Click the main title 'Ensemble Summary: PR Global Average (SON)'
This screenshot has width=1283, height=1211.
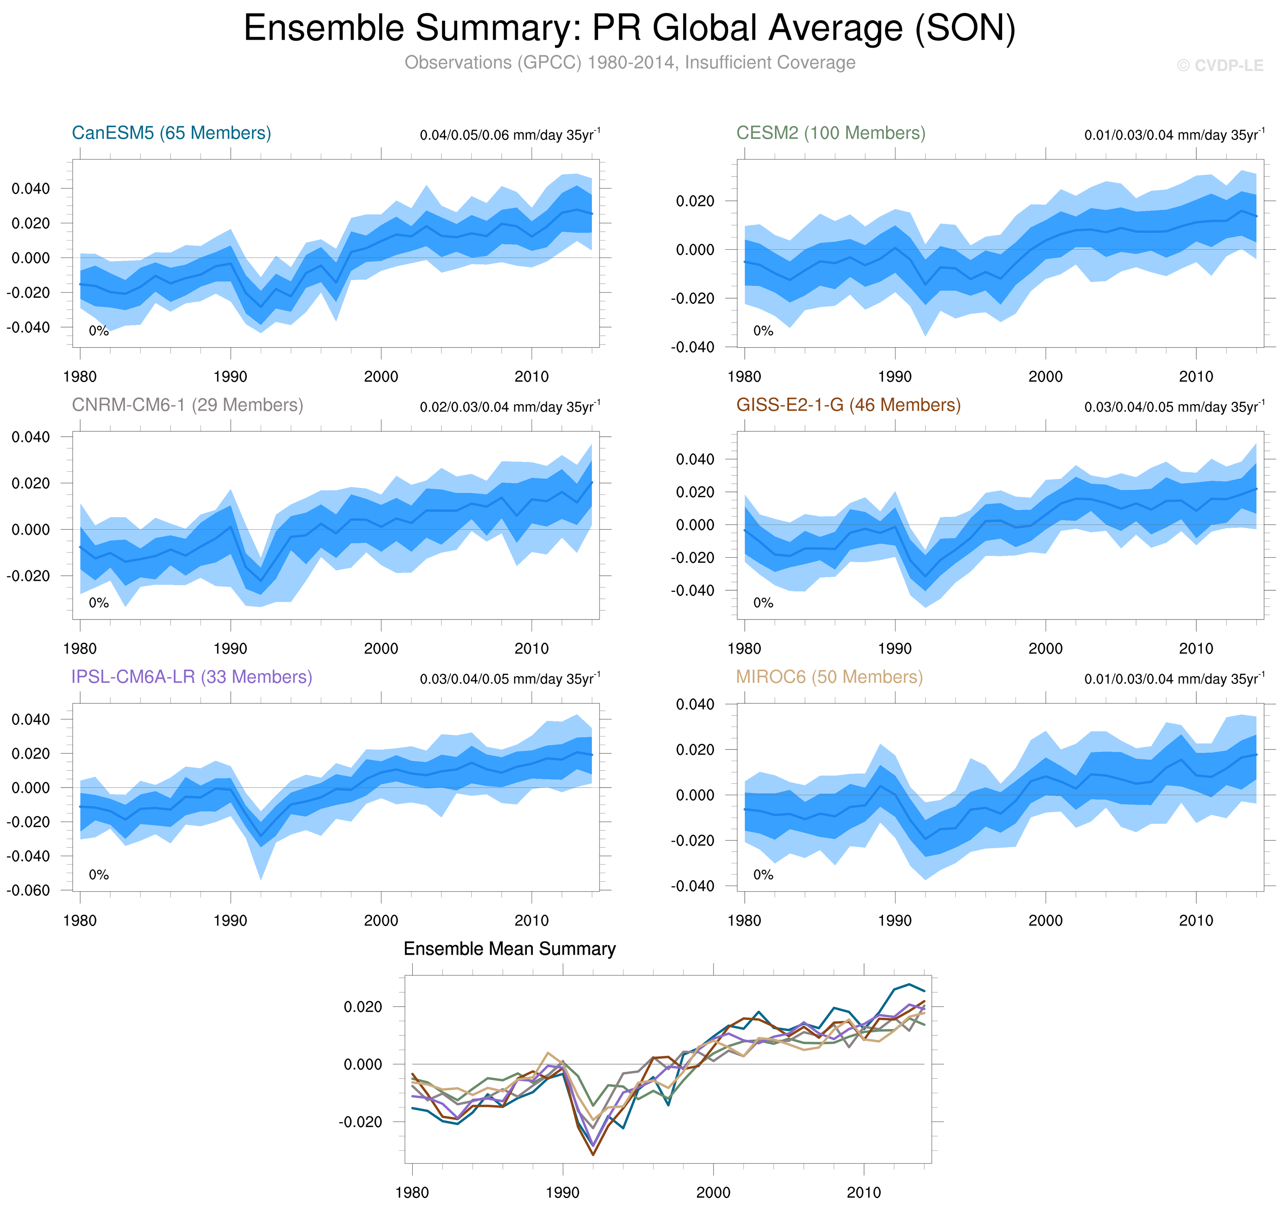tap(629, 28)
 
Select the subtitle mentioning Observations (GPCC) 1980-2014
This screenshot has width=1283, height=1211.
tap(629, 63)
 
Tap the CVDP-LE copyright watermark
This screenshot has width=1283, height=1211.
tap(1219, 66)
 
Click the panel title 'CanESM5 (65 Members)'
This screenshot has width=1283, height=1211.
tap(171, 133)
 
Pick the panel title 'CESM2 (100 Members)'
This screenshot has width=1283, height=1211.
tap(831, 133)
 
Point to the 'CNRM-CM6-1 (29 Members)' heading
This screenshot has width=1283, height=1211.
tap(187, 405)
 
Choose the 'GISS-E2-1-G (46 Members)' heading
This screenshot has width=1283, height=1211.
tap(848, 405)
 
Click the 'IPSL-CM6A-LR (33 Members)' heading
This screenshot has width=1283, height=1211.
tap(192, 677)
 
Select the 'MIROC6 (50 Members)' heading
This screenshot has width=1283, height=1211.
tap(829, 677)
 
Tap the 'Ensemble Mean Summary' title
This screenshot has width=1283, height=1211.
tap(509, 949)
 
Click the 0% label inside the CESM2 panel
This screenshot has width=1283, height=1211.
tap(763, 331)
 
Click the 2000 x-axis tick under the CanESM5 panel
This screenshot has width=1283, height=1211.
tap(381, 377)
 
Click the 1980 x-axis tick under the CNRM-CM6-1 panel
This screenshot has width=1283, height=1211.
tap(80, 649)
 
